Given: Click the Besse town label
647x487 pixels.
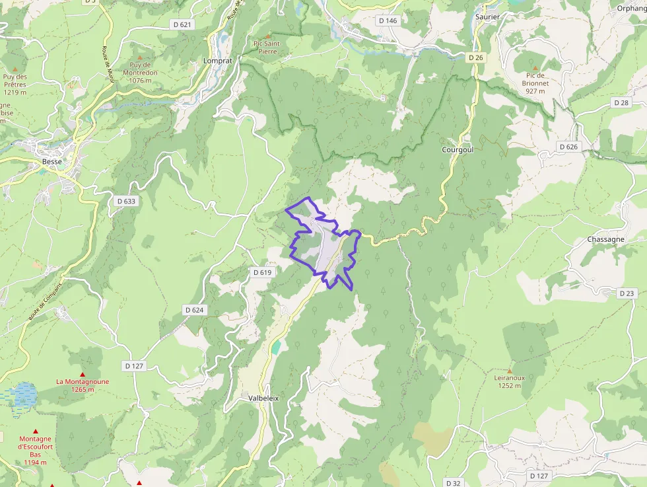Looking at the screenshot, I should [51, 161].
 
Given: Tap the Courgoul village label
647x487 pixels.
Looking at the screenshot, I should [458, 150].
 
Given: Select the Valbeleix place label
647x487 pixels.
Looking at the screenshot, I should [264, 398].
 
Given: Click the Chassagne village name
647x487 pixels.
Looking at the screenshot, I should [605, 239].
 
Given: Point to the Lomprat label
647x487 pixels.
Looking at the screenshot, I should [218, 60].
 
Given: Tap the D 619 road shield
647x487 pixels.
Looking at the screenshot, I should [262, 272].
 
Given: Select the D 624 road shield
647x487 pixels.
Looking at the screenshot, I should [195, 309].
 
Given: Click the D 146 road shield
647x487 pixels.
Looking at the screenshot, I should [388, 20].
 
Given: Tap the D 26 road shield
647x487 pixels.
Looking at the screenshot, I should [476, 58].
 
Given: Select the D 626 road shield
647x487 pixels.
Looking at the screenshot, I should [568, 146].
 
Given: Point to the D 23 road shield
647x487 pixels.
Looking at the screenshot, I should [627, 293].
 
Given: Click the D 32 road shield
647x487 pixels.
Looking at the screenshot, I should [452, 483].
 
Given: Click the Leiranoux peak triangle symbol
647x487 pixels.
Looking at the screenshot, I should [509, 371].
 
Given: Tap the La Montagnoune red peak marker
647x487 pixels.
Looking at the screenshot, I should [83, 374].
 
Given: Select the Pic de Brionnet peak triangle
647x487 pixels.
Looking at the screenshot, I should [535, 68].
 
